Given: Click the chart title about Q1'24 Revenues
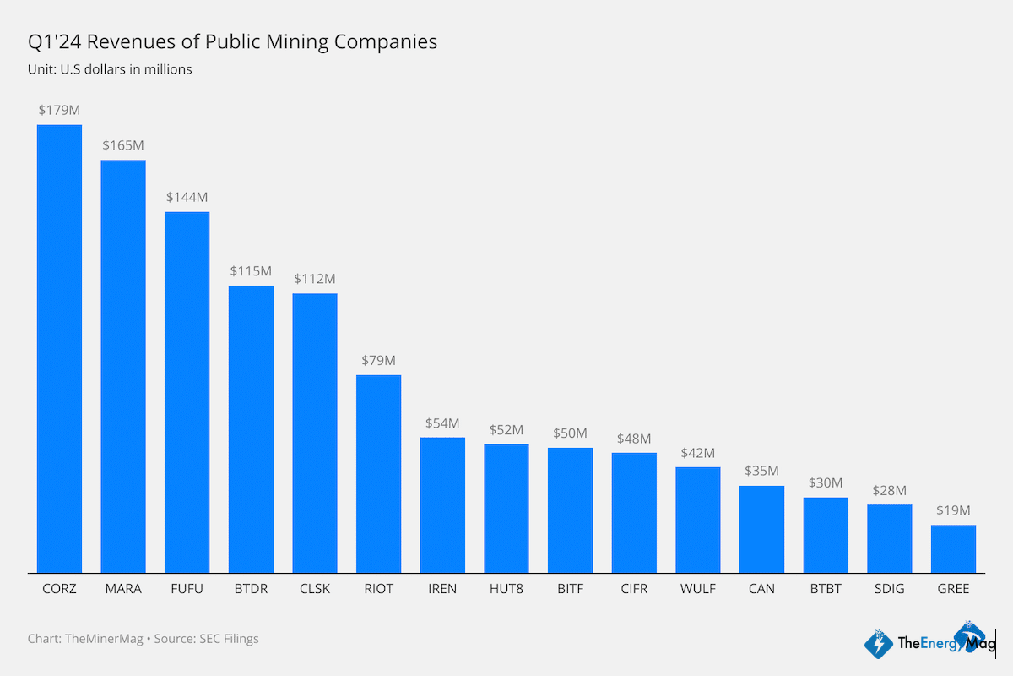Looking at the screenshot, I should tap(232, 41).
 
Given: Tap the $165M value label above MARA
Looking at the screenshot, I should tap(123, 145).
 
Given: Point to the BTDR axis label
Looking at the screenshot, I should tap(251, 589).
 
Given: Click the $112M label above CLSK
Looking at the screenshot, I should tap(315, 278).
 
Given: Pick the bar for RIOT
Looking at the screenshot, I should tap(378, 473).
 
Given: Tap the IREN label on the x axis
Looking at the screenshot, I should tap(442, 589).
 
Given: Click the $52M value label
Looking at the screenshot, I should tap(506, 429).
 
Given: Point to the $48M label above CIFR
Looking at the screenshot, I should tap(634, 439).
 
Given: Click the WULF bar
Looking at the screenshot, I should tap(698, 520).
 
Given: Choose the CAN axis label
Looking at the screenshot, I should tap(761, 589).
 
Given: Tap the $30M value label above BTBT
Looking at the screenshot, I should tap(826, 482).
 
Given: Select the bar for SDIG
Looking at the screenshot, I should tap(890, 538).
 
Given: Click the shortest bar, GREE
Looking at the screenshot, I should tap(953, 548).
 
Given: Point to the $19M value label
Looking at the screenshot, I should tap(953, 510).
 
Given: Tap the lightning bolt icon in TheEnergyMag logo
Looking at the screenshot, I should tap(879, 644).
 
